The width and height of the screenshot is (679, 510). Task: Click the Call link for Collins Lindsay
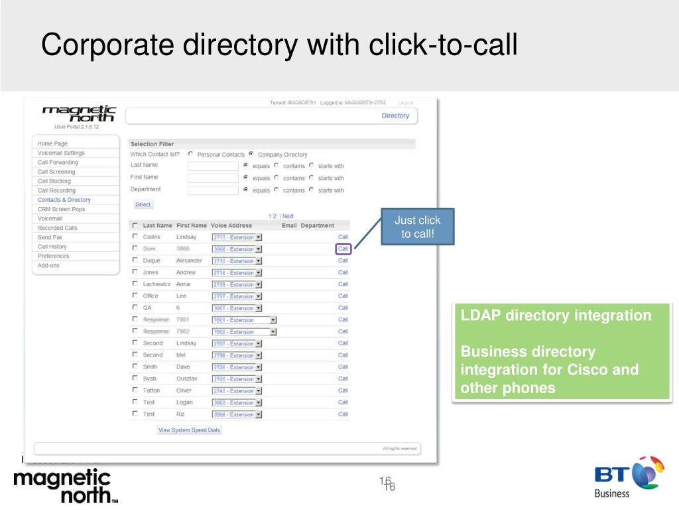[343, 237]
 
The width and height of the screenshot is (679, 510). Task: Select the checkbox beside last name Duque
[135, 260]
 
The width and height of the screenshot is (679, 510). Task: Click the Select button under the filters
[143, 205]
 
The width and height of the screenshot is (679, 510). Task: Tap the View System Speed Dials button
[189, 430]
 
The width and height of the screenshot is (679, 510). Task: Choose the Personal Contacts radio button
[190, 154]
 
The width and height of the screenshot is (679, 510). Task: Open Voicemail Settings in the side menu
[61, 153]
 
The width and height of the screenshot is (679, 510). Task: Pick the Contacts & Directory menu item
[64, 200]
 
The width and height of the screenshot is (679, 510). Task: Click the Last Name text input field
[212, 166]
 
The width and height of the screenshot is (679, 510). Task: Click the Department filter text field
[212, 190]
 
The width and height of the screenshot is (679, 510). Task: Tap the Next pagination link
[288, 216]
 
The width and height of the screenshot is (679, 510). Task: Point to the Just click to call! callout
[417, 226]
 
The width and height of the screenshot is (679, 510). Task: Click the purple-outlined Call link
[343, 249]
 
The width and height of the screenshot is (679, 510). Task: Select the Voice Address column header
[231, 226]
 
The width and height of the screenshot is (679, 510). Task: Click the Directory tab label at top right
[395, 116]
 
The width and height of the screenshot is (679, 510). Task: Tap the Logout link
[405, 103]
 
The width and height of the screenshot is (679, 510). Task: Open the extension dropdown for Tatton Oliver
[259, 390]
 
